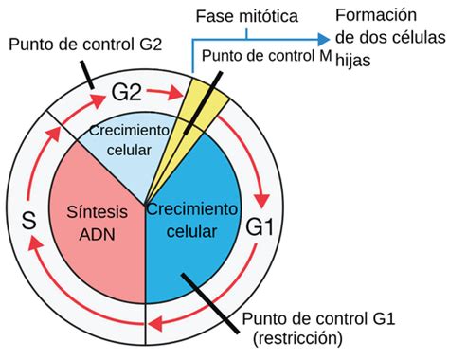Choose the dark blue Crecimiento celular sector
[204, 246]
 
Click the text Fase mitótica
[245, 17]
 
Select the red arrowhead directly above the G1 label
[265, 201]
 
